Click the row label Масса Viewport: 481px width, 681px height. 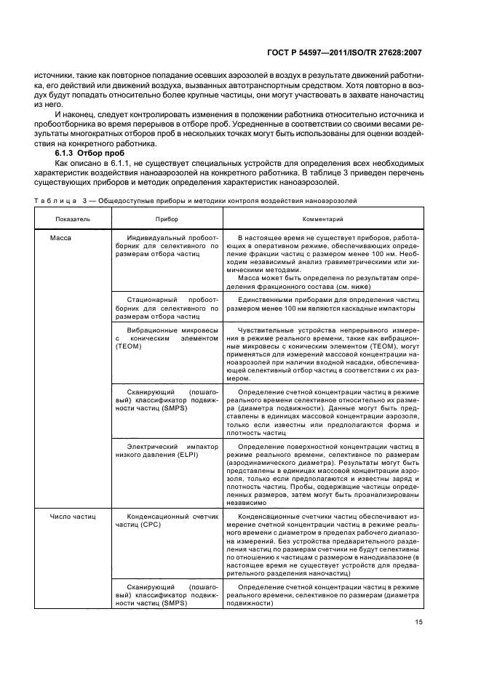click(x=61, y=238)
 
